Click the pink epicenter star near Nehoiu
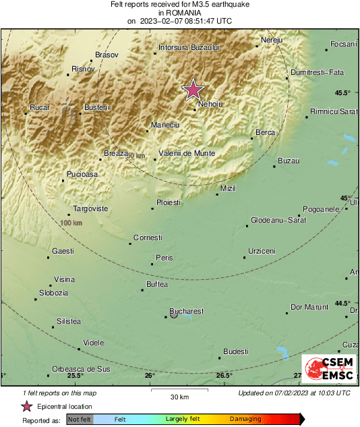click(193, 90)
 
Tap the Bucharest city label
click(187, 311)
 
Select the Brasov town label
click(107, 54)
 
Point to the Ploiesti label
click(168, 202)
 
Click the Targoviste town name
click(90, 208)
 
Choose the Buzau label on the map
click(289, 161)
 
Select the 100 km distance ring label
click(71, 223)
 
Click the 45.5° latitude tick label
click(343, 92)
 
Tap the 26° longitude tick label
click(150, 376)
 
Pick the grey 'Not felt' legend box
click(80, 419)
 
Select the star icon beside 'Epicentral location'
click(27, 406)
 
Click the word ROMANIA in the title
click(179, 12)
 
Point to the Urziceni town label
click(262, 251)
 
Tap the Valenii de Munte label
click(187, 153)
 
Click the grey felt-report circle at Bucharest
click(174, 315)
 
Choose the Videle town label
click(93, 343)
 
